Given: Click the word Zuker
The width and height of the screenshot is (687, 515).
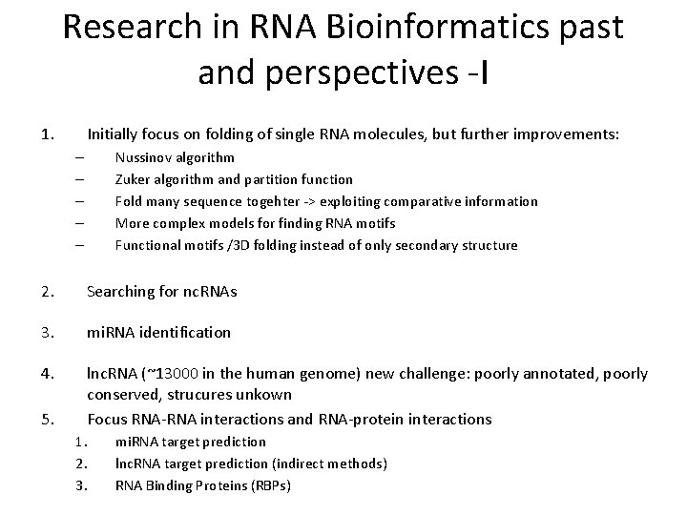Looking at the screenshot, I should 134,179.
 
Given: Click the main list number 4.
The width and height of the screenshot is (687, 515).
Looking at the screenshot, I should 47,374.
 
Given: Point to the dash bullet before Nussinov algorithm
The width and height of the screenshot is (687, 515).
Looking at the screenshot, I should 78,157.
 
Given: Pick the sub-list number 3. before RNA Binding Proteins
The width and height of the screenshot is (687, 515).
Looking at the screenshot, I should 80,485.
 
